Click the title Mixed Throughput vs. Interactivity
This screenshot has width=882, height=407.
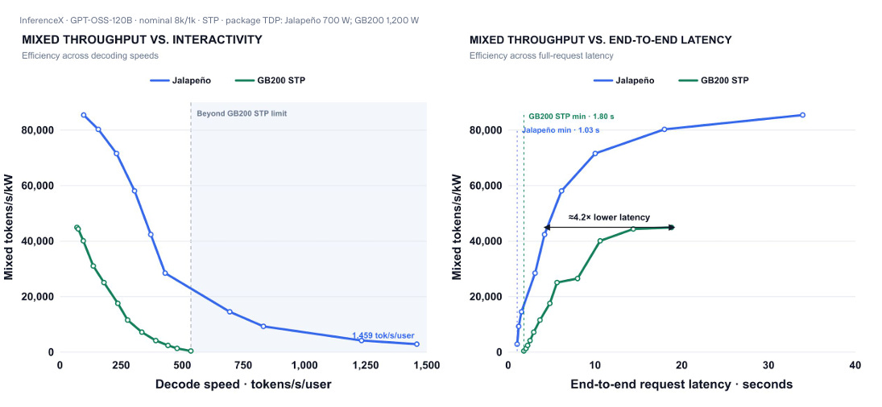(x=142, y=40)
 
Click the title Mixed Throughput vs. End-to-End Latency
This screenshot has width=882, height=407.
(x=600, y=40)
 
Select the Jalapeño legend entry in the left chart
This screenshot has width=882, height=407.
(x=180, y=80)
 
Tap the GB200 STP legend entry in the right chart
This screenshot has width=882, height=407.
(x=714, y=80)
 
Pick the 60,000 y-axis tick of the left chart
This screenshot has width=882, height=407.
(x=36, y=186)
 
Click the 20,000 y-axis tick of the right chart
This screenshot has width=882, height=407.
(x=485, y=297)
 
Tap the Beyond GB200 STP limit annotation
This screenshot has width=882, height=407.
(x=242, y=114)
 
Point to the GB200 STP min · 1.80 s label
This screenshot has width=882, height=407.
(x=571, y=117)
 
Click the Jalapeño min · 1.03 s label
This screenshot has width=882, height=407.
(x=561, y=130)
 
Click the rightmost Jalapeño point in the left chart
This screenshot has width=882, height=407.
(x=416, y=344)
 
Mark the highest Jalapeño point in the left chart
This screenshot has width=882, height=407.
(x=84, y=115)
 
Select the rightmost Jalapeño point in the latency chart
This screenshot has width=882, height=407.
(x=802, y=115)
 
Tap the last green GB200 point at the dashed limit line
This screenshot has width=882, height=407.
(x=191, y=351)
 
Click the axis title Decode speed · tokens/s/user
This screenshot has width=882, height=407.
(x=243, y=384)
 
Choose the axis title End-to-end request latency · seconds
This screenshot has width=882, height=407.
(x=681, y=384)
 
